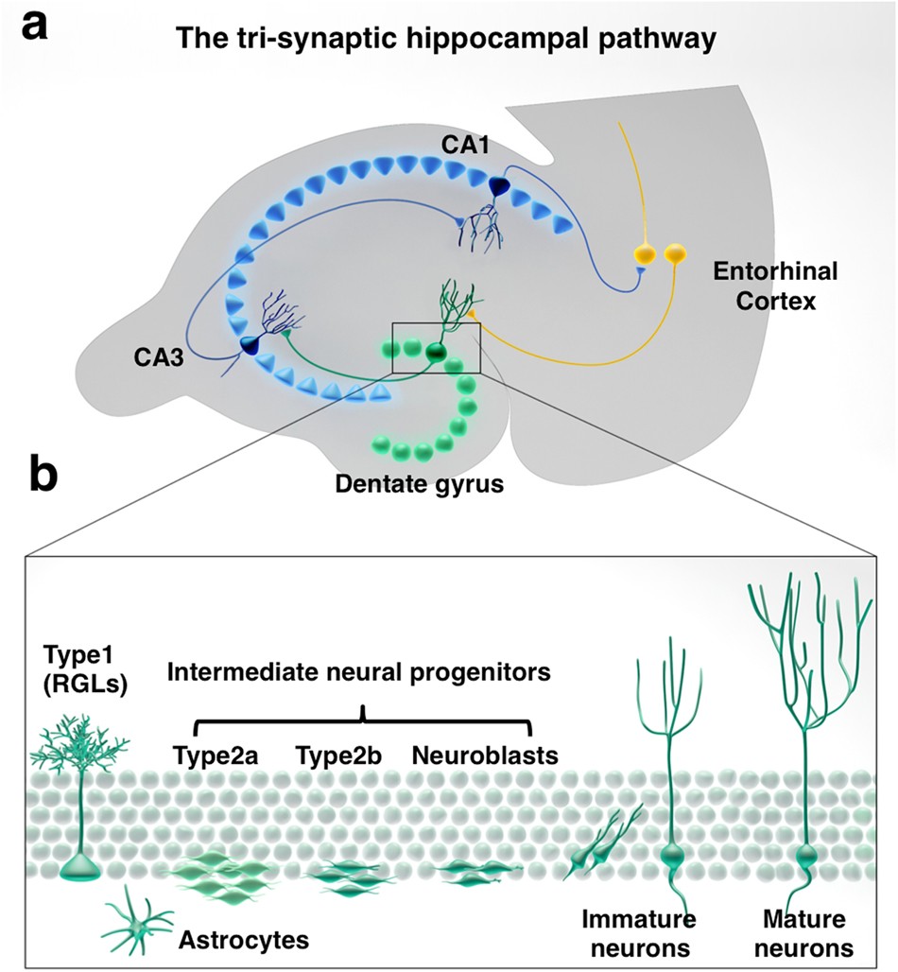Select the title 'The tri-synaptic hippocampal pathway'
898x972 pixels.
(434, 41)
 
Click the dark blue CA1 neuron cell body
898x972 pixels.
(498, 187)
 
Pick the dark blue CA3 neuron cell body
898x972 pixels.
(253, 347)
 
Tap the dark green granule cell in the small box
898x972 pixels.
(437, 353)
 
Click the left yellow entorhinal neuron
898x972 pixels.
(646, 254)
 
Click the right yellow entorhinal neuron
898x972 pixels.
(675, 254)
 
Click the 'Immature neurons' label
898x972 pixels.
(638, 932)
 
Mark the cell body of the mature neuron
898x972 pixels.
(806, 859)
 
